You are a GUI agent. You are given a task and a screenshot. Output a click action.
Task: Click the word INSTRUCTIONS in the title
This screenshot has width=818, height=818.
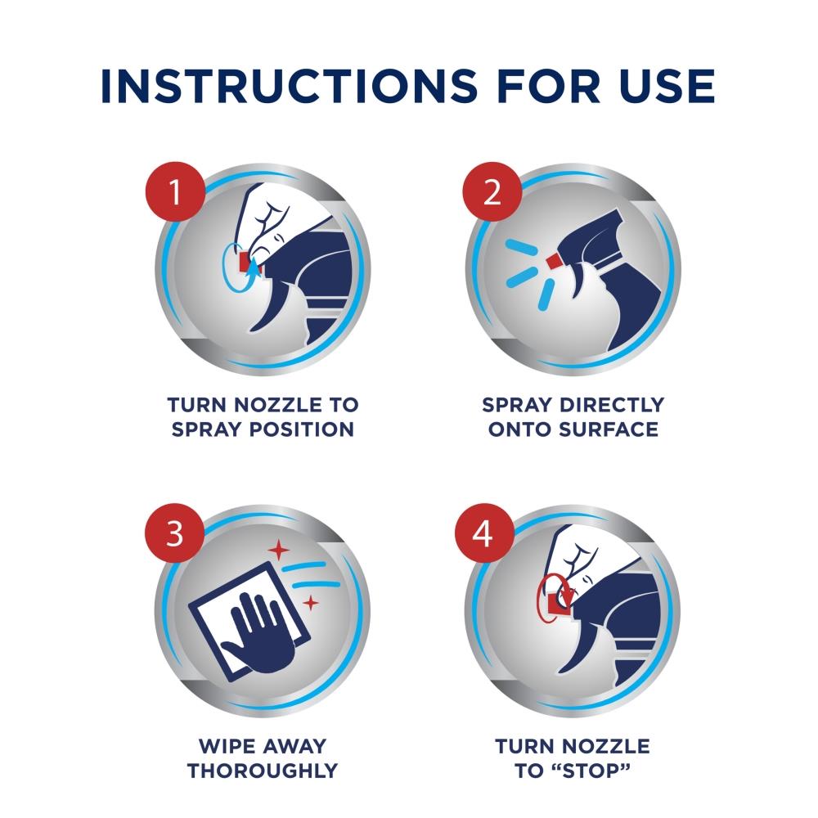(290, 86)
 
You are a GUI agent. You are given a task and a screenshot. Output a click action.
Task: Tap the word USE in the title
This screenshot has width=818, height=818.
(667, 86)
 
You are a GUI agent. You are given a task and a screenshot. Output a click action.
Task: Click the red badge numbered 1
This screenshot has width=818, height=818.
(175, 191)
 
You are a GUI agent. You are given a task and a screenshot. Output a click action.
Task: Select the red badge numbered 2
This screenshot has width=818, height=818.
(492, 191)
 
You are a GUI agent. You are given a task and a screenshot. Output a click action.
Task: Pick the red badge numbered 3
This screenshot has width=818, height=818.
(175, 533)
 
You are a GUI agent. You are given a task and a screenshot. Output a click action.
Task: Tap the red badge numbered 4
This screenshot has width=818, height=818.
(484, 533)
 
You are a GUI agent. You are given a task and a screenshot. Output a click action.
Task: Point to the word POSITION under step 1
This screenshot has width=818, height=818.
(302, 429)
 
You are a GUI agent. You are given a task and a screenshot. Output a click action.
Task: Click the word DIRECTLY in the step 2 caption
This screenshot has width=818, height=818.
(611, 405)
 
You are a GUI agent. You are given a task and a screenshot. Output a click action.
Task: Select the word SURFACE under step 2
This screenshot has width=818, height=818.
(609, 429)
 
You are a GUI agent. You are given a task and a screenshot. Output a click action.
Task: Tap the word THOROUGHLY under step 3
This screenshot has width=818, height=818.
(263, 771)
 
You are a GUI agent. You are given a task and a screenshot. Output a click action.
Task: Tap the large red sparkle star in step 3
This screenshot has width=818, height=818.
(279, 550)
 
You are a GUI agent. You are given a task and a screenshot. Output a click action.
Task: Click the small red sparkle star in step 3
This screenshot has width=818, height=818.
(311, 603)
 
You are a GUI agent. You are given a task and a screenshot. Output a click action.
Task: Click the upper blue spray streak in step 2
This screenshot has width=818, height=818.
(522, 249)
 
